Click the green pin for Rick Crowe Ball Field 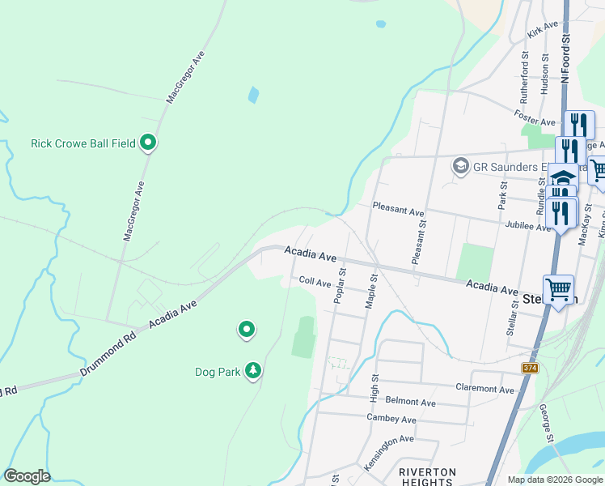coord(148,143)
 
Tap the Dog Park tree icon coord(253,370)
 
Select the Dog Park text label coord(218,372)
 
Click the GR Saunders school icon coord(461,166)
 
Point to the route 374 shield coord(531,369)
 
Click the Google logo coord(27,476)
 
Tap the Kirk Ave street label coord(542,31)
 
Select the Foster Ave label coord(535,117)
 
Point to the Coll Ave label coord(315,282)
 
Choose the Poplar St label coord(340,287)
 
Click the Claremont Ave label coord(484,389)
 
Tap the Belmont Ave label coord(411,402)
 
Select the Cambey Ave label coord(391,419)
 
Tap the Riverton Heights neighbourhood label coord(428,476)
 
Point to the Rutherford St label coord(524,76)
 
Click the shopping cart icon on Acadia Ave coord(558,288)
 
